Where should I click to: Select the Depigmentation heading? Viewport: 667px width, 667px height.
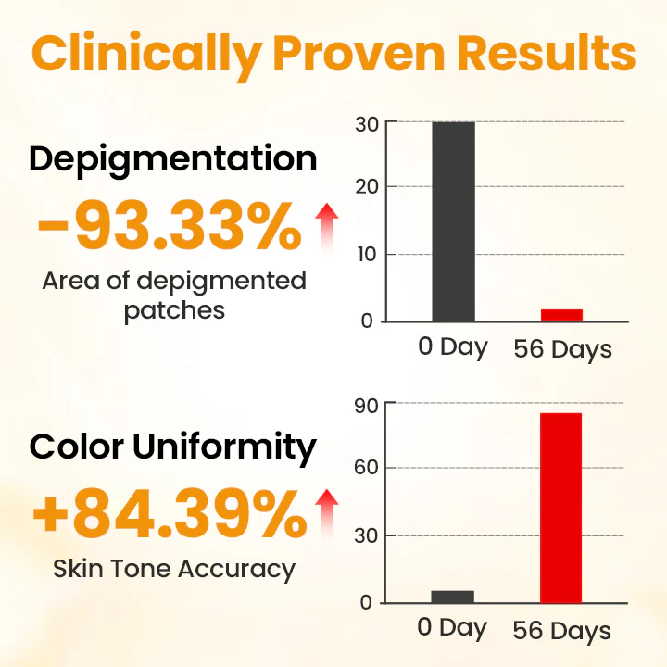click(172, 159)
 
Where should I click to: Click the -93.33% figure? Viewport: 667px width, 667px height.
click(170, 228)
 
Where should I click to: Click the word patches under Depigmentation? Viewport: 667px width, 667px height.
click(174, 309)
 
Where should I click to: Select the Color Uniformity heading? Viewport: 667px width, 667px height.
click(172, 447)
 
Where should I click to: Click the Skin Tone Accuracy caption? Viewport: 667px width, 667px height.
click(174, 569)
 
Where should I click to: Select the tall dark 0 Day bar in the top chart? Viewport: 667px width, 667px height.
click(453, 221)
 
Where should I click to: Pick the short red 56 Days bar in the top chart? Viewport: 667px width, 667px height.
click(561, 315)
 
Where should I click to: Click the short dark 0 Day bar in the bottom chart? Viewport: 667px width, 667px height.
click(453, 597)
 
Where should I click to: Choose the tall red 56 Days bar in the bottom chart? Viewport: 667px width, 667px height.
click(561, 509)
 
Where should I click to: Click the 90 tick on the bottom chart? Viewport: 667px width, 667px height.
click(368, 404)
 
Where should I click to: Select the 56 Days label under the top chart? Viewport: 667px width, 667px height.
click(562, 350)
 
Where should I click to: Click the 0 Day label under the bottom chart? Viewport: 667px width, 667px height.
click(452, 628)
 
